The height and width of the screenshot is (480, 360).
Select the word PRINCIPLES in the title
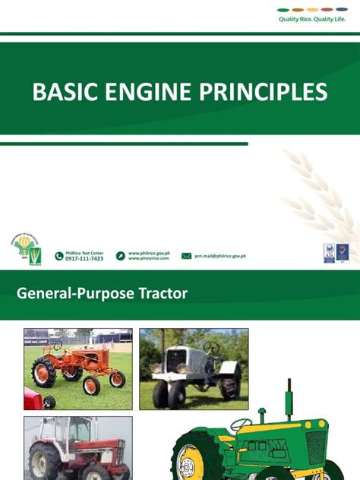tap(263, 93)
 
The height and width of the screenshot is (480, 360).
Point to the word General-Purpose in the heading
tap(73, 292)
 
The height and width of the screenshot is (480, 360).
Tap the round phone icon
tap(59, 256)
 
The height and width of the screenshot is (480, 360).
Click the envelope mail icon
tap(186, 256)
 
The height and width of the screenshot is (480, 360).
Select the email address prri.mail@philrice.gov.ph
tap(221, 256)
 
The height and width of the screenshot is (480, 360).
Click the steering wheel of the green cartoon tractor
tap(242, 423)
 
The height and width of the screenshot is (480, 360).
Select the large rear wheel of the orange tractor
tap(43, 373)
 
